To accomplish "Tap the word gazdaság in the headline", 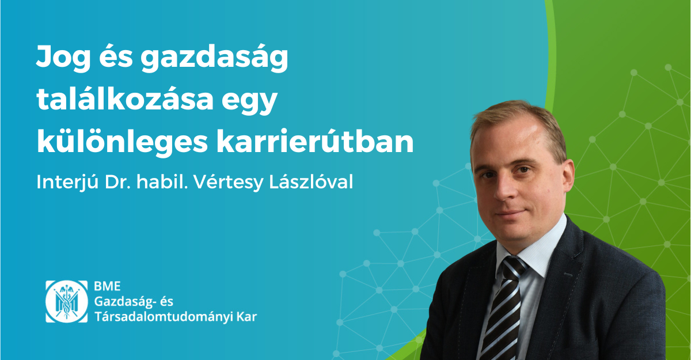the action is pyautogui.click(x=214, y=58).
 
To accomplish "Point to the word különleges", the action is pyautogui.click(x=122, y=142).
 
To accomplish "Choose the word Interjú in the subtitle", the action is pyautogui.click(x=67, y=182).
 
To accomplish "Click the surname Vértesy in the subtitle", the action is pyautogui.click(x=229, y=182).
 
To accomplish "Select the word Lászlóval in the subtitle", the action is pyautogui.click(x=311, y=181).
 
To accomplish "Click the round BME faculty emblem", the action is pyautogui.click(x=67, y=301).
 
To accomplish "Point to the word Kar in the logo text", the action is pyautogui.click(x=246, y=317).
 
